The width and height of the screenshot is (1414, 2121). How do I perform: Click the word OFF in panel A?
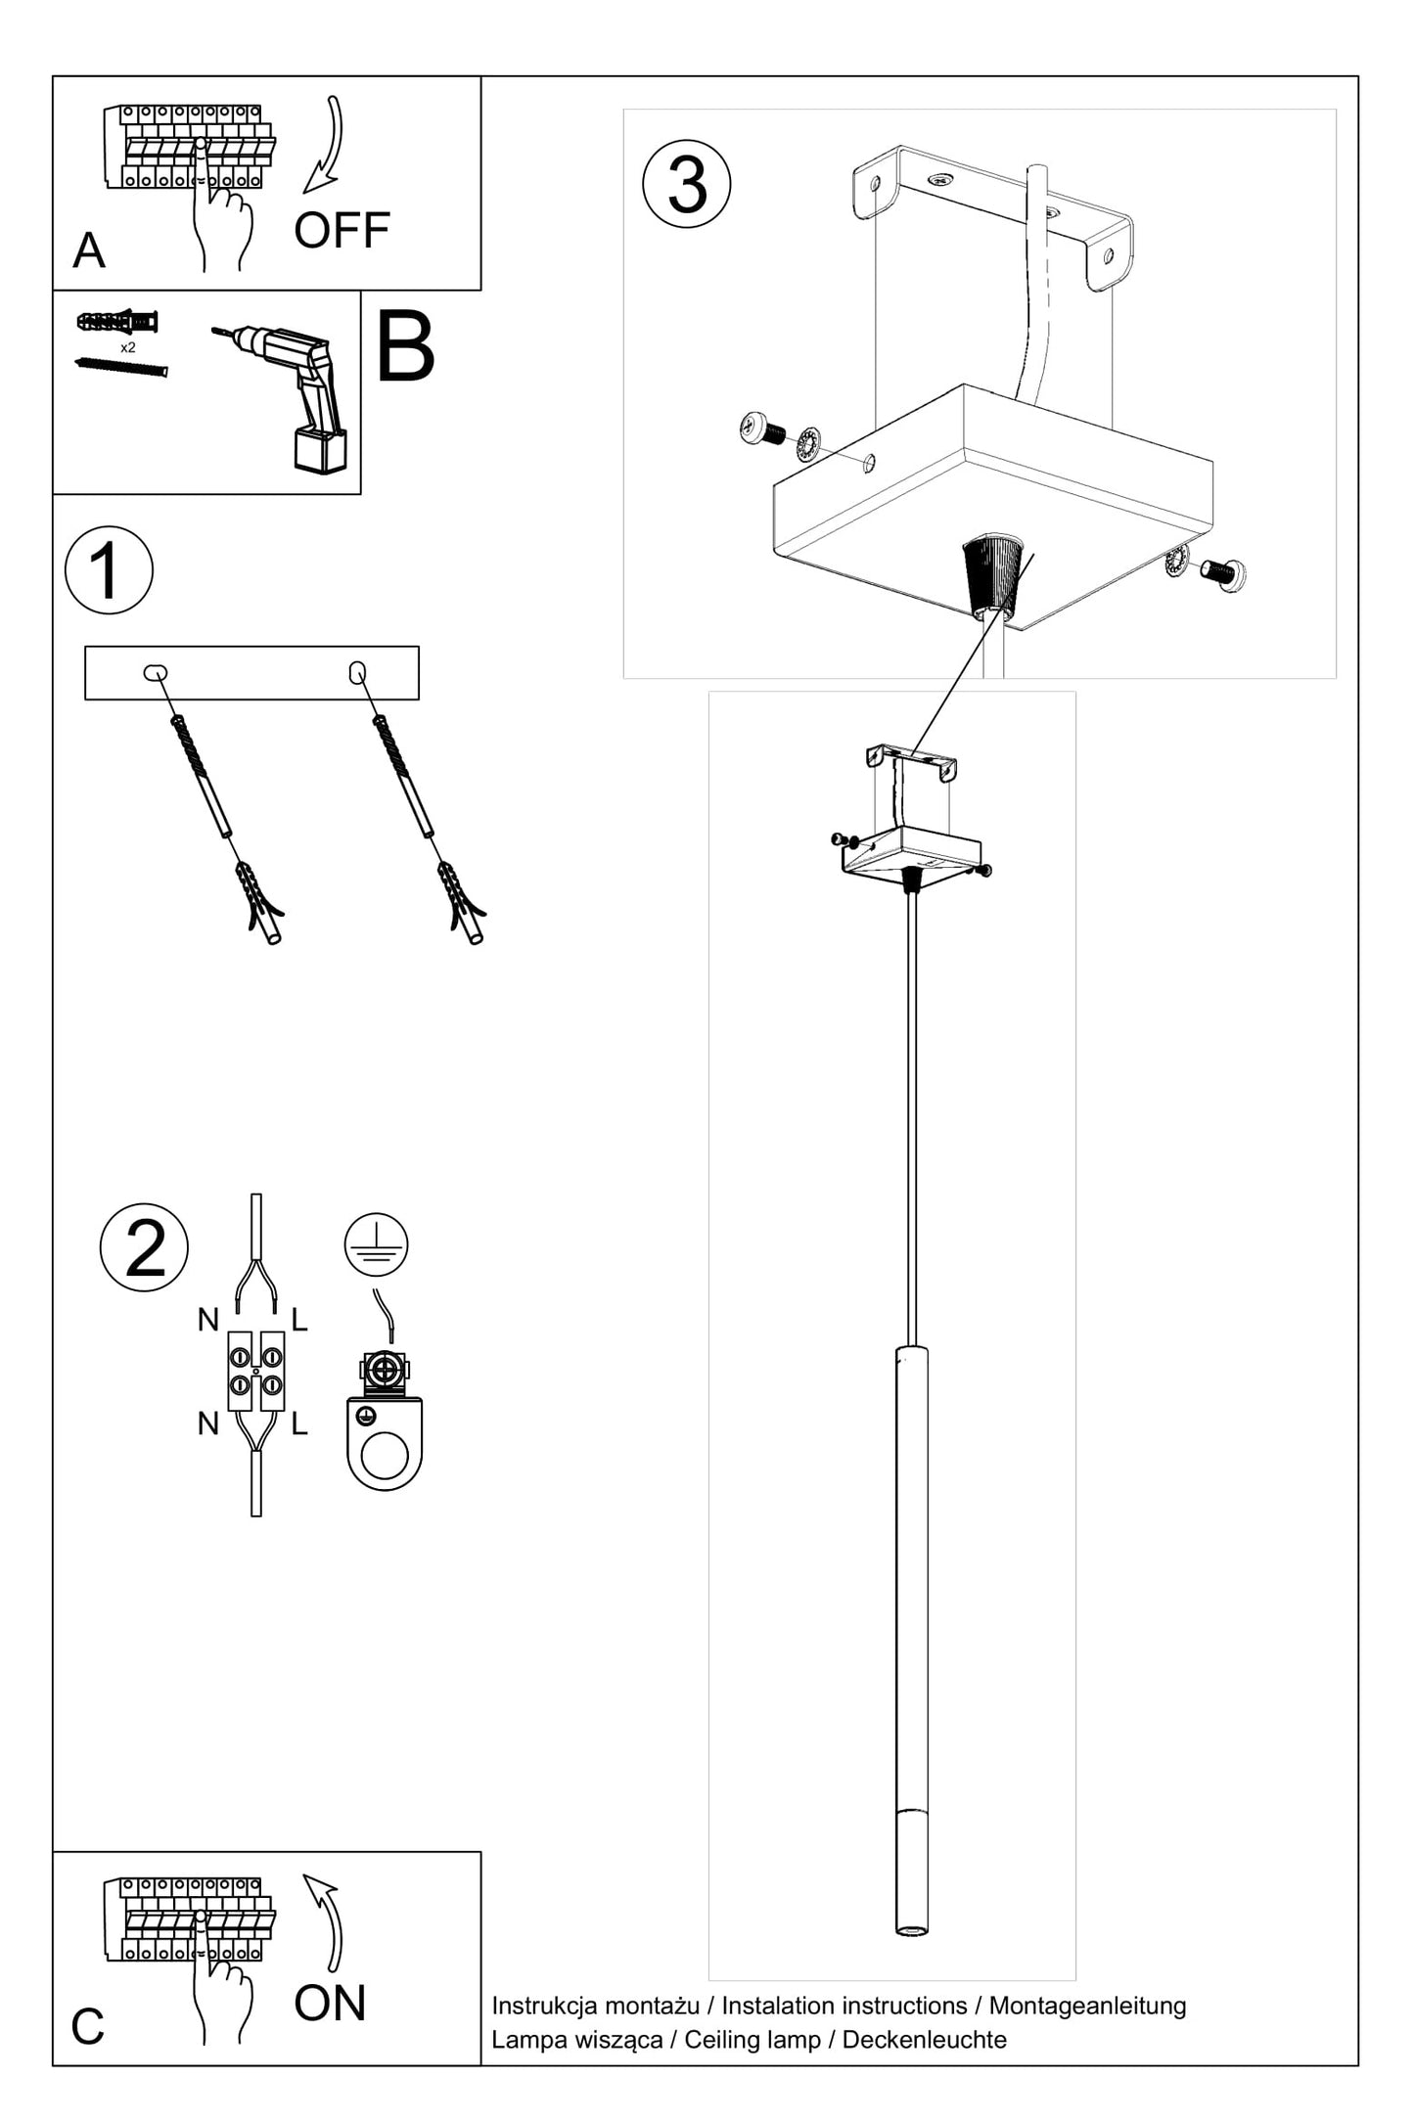[342, 231]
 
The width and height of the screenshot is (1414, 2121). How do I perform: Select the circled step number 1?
[109, 570]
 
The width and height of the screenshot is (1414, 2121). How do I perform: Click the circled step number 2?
[145, 1247]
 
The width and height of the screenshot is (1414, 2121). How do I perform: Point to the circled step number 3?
[687, 184]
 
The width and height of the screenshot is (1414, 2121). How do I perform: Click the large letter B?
[404, 349]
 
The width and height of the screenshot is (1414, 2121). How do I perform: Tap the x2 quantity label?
[128, 347]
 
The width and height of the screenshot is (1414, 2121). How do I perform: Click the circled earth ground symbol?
[376, 1244]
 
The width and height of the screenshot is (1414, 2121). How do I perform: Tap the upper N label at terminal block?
[207, 1321]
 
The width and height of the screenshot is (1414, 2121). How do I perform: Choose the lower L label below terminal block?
[299, 1424]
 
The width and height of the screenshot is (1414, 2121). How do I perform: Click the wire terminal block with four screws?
[256, 1371]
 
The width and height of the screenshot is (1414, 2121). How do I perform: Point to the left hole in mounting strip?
[155, 672]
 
